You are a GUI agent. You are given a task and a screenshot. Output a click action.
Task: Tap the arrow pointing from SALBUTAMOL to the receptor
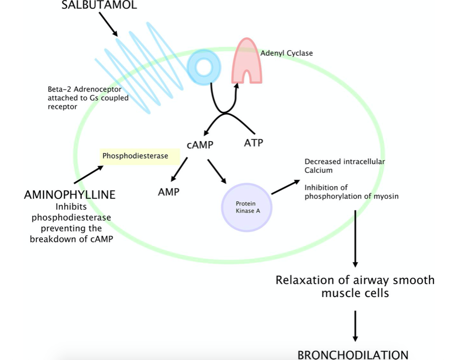click(108, 24)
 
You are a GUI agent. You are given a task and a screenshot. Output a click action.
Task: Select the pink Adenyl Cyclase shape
click(246, 61)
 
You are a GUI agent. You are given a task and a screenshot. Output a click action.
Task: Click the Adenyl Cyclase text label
click(287, 53)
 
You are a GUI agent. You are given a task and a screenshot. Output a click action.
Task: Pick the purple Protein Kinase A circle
click(246, 207)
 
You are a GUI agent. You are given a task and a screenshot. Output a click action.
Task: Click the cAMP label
click(201, 145)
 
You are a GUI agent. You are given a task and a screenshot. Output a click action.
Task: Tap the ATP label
click(253, 143)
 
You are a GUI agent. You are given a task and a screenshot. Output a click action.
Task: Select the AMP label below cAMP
click(169, 192)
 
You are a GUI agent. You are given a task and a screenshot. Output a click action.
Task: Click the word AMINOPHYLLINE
click(69, 195)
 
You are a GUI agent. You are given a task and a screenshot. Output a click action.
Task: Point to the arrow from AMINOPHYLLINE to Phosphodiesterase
click(88, 175)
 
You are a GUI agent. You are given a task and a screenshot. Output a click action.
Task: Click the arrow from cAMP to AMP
click(179, 170)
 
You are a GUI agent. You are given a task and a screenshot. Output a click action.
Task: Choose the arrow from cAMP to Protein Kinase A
click(218, 171)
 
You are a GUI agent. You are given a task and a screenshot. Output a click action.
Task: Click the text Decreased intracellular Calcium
click(345, 166)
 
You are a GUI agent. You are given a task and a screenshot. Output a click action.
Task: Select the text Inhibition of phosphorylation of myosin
click(351, 192)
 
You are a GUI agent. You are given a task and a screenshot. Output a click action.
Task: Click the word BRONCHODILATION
click(353, 355)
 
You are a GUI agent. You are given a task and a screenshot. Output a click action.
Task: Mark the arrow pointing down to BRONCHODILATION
click(355, 326)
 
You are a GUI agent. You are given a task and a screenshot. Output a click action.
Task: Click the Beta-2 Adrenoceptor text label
click(88, 98)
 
